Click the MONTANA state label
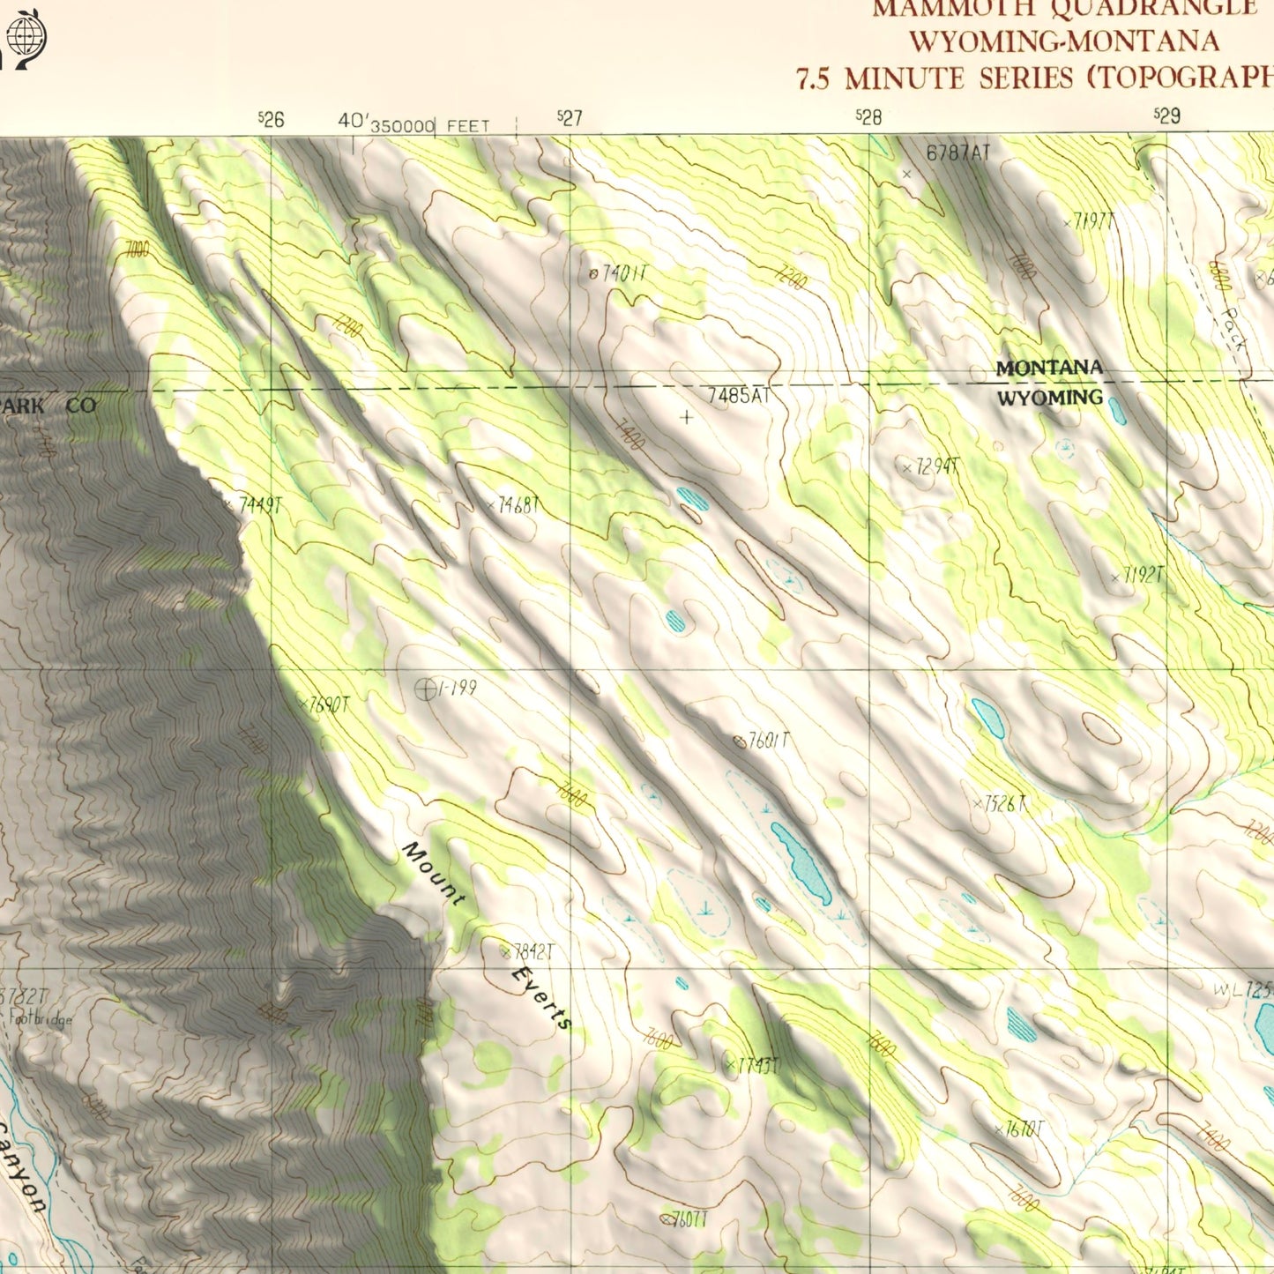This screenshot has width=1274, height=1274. coord(1049,368)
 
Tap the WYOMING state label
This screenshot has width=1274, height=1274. coord(1049,398)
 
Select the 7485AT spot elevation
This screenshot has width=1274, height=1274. coord(739,397)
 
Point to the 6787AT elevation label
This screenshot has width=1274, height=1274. coord(957,153)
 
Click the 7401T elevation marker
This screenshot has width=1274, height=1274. coord(619,274)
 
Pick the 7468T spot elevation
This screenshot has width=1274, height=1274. coord(513,505)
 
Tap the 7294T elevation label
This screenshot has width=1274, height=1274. coord(930,467)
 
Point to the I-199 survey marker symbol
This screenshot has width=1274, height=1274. coord(426,689)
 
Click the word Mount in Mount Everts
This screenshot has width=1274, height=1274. coord(433,873)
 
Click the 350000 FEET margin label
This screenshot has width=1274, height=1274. coord(429,127)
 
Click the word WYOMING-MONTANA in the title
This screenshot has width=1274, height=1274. coord(1064,41)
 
